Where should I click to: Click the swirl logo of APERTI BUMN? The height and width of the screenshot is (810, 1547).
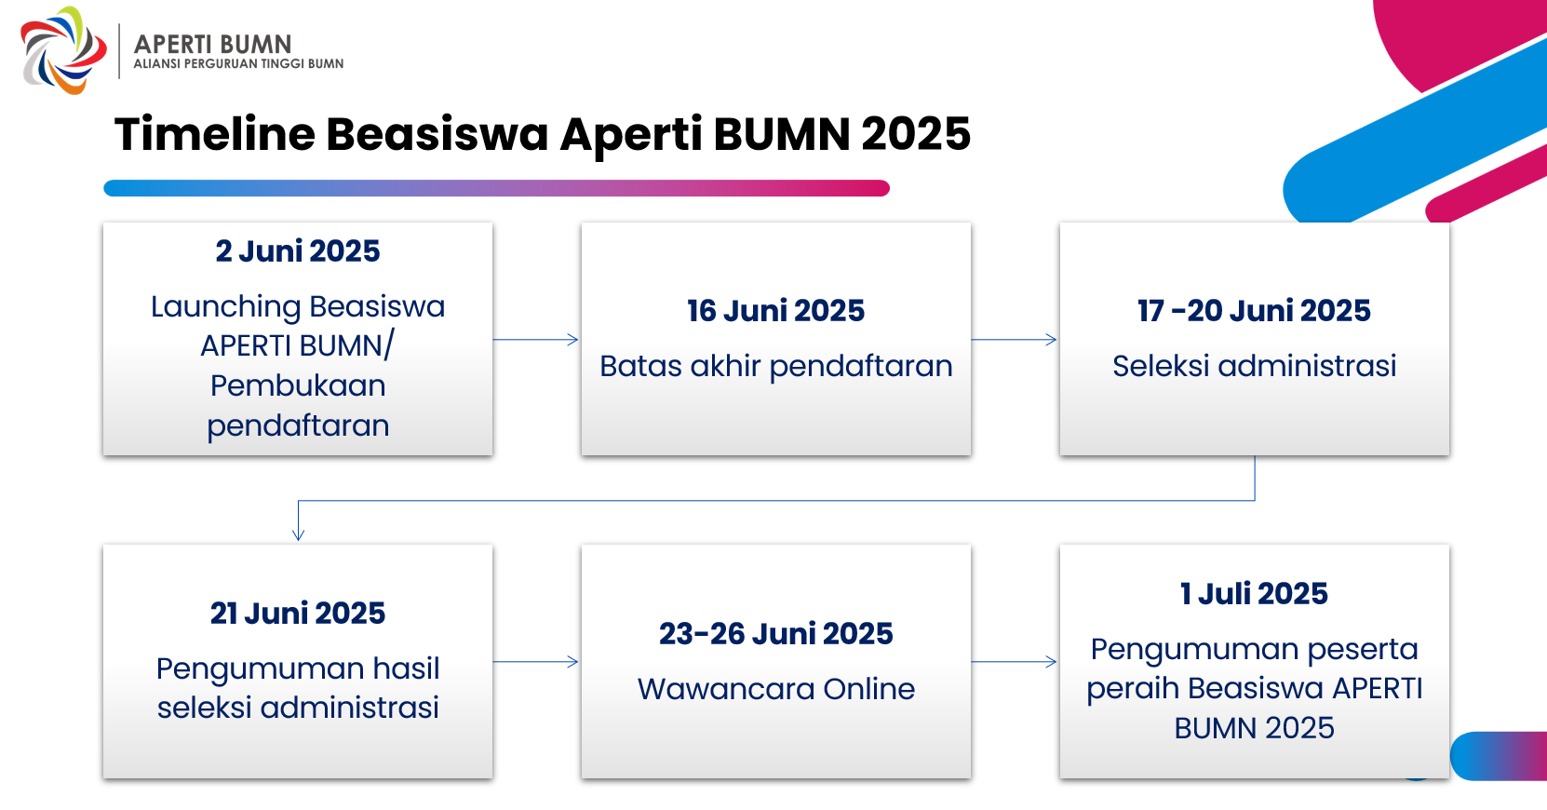coord(63,50)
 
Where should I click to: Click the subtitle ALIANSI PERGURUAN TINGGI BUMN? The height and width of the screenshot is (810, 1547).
coord(238,63)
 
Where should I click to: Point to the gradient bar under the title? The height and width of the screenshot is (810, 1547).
coord(496,188)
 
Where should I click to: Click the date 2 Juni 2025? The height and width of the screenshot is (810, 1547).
coord(298,250)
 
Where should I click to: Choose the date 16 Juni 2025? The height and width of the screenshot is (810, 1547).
coord(775,311)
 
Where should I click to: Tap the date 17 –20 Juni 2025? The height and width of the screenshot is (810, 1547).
coord(1254,311)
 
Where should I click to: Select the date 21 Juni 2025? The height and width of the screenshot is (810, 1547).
coord(298,614)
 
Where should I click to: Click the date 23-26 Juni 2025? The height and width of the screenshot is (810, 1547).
coord(775,634)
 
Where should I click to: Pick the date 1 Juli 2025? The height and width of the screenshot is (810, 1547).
coord(1254,594)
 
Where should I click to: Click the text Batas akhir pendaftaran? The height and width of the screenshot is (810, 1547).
coord(775,366)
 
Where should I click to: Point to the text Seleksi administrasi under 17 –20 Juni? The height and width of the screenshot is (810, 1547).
coord(1254,366)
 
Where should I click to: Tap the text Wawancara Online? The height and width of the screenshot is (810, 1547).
coord(775,689)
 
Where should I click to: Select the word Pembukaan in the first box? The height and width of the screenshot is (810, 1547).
coord(298,385)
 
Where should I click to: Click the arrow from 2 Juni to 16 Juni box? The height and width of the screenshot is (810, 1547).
coord(535,339)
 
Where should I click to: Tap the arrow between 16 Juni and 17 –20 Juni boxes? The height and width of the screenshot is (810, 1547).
coord(1014,339)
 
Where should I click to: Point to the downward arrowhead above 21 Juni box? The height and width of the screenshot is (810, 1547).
coord(299,534)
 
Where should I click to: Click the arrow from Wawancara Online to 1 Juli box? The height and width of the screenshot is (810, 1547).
coord(1014,662)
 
